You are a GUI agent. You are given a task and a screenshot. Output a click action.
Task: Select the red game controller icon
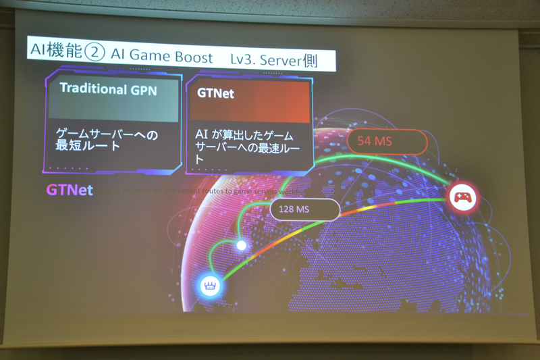[x=463, y=198]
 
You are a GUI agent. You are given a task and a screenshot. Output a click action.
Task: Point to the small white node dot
[x=241, y=245]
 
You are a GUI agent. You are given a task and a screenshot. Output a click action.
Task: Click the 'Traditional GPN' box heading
[x=109, y=88]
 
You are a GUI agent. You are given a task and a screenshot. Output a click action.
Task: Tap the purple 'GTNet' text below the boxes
[x=70, y=190]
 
